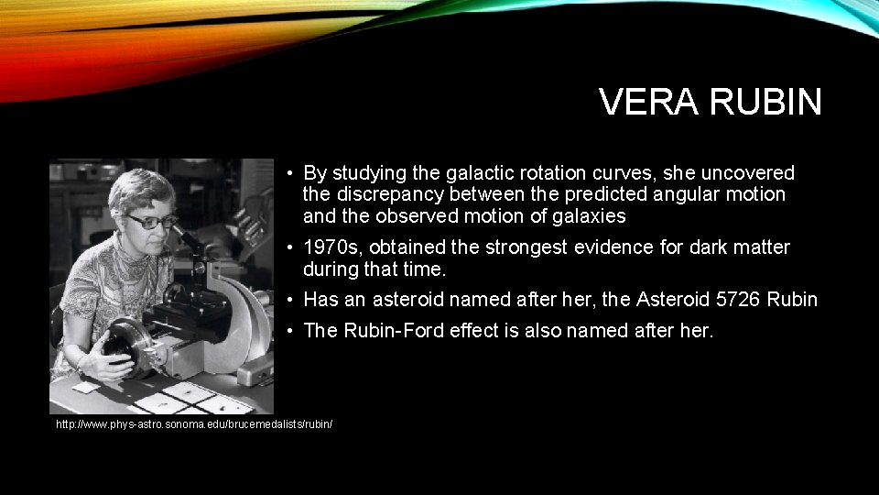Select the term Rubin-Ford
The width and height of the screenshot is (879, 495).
(395, 331)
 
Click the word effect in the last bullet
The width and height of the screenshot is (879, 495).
(475, 331)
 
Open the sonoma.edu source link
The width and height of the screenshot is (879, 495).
(194, 425)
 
